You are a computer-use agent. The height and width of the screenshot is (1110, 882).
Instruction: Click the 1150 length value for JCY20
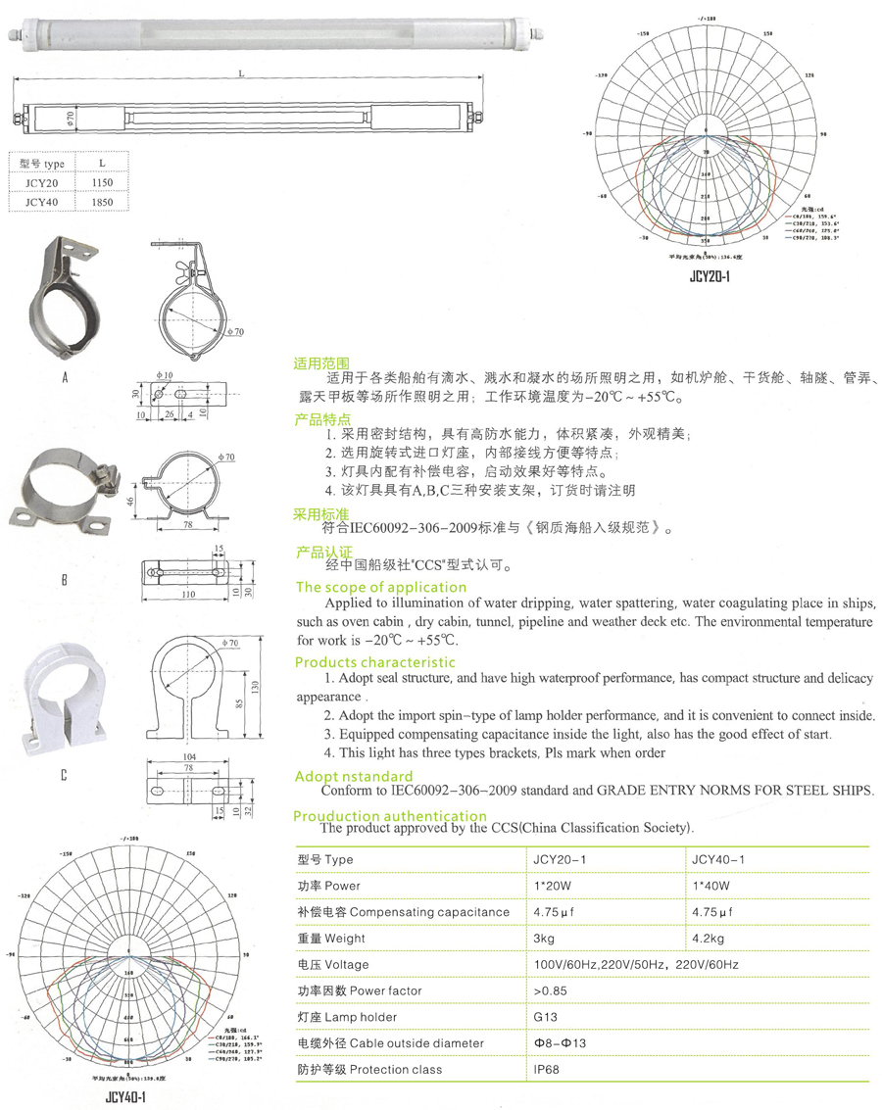pos(102,183)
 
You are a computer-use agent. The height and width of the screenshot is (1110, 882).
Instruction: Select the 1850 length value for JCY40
pos(102,203)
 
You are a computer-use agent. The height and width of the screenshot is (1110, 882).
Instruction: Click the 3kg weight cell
pos(545,939)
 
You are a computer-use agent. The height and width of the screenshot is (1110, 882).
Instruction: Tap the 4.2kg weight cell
pos(708,939)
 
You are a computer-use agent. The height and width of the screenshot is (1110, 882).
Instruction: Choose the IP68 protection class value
pos(547,1070)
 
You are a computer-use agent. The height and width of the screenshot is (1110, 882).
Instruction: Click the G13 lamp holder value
pos(545,1017)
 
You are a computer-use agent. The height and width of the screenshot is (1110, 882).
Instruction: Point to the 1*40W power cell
pos(711,886)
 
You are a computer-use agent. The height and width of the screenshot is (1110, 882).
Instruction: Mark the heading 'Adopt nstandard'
pos(354,777)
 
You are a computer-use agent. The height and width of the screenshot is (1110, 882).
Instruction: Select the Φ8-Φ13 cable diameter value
pos(560,1043)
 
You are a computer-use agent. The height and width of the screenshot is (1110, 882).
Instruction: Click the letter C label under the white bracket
pos(64,775)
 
